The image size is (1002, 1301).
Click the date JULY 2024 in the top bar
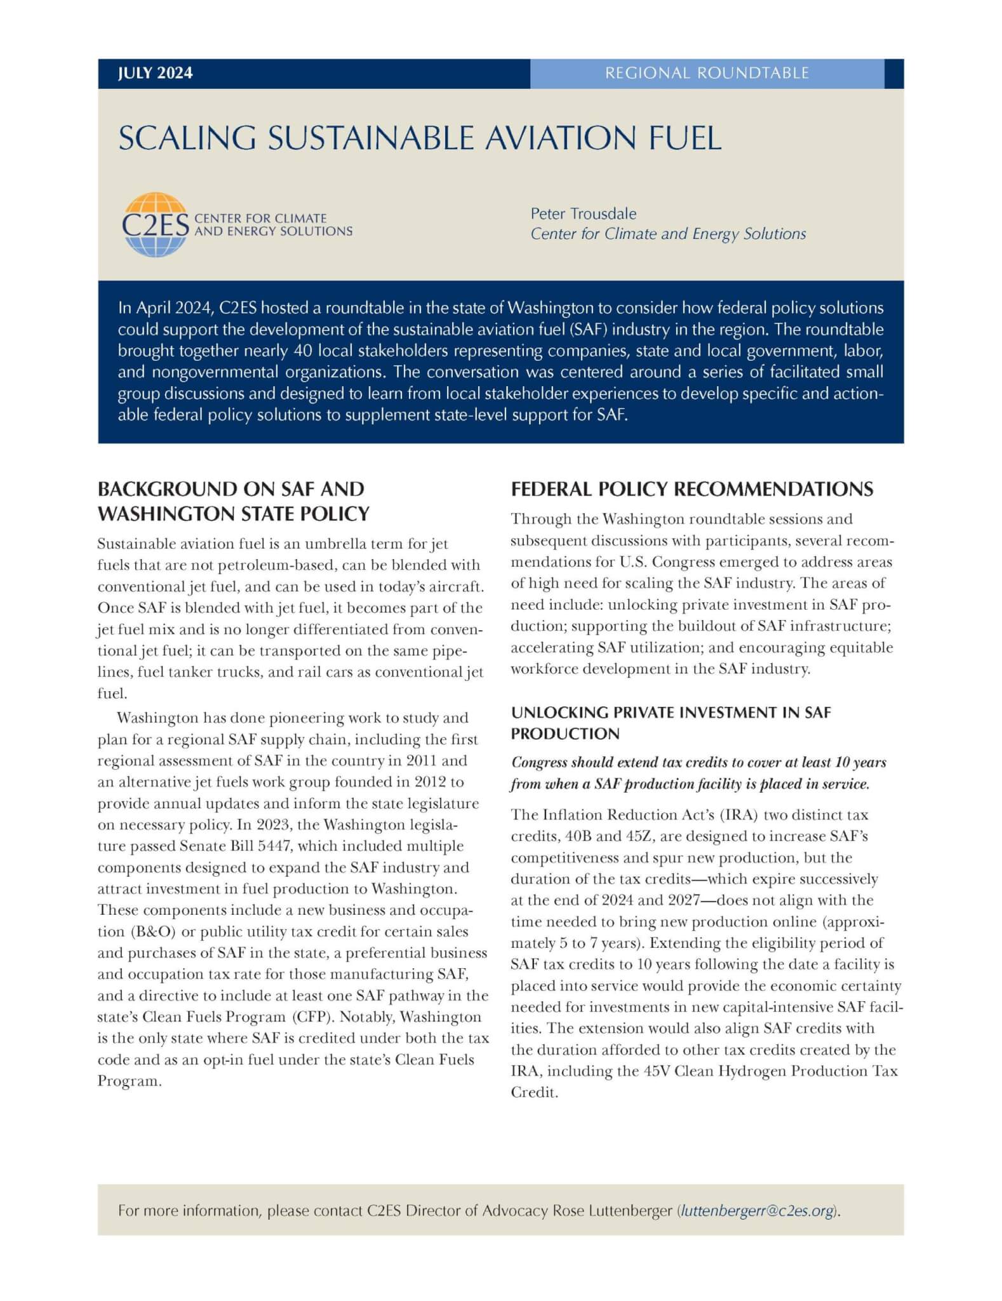[x=155, y=73]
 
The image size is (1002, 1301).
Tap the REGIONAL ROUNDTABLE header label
[x=706, y=73]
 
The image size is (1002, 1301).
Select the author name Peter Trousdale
[x=583, y=213]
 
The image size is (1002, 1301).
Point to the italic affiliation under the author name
[x=668, y=234]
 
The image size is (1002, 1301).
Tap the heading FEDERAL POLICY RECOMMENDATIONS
[x=691, y=489]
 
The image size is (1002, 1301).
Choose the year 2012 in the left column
[x=427, y=782]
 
